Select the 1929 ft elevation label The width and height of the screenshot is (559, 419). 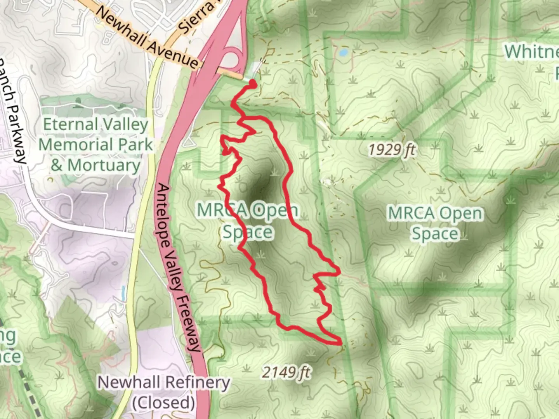tap(392, 149)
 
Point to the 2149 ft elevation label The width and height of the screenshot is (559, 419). tap(286, 372)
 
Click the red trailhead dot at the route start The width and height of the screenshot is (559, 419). tap(253, 83)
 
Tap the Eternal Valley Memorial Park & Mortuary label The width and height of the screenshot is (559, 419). tap(95, 145)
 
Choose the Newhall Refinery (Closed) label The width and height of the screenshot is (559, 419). tap(163, 392)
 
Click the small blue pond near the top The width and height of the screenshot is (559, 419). tap(344, 52)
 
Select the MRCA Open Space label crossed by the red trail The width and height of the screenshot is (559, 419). tap(247, 221)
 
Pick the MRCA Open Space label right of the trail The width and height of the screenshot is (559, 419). tap(435, 223)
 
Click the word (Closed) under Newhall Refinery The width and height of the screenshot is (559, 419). tap(163, 403)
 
